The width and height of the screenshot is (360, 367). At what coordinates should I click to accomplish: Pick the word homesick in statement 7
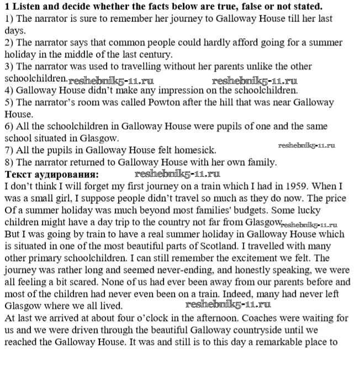pos(196,150)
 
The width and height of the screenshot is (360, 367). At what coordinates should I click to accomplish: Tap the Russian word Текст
pos(17,174)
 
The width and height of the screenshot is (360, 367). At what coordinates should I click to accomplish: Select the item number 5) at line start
pos(9,103)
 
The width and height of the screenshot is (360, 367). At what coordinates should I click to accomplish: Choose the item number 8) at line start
pos(9,162)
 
